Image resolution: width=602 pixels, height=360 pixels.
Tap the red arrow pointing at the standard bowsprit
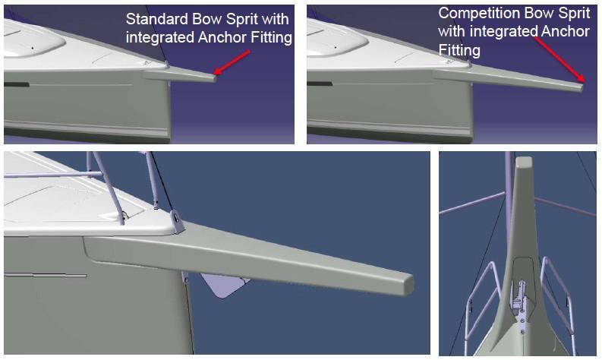tap(232, 62)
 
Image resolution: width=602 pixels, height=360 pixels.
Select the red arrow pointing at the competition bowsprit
tap(559, 60)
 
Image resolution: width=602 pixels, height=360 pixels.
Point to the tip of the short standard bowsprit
tap(215, 78)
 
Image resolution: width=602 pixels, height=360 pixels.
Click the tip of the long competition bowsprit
tap(582, 88)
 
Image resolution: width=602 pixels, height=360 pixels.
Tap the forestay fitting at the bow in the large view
tap(177, 222)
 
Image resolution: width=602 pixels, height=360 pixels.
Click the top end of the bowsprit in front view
tap(523, 160)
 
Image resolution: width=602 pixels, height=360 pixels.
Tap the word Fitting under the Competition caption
tap(459, 50)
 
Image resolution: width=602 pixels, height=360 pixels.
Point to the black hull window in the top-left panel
tap(16, 84)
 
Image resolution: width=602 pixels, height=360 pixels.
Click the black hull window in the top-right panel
tap(320, 84)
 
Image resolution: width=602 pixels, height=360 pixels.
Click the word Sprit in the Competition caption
tap(574, 14)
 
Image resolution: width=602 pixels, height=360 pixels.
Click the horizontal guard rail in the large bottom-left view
tap(53, 175)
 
